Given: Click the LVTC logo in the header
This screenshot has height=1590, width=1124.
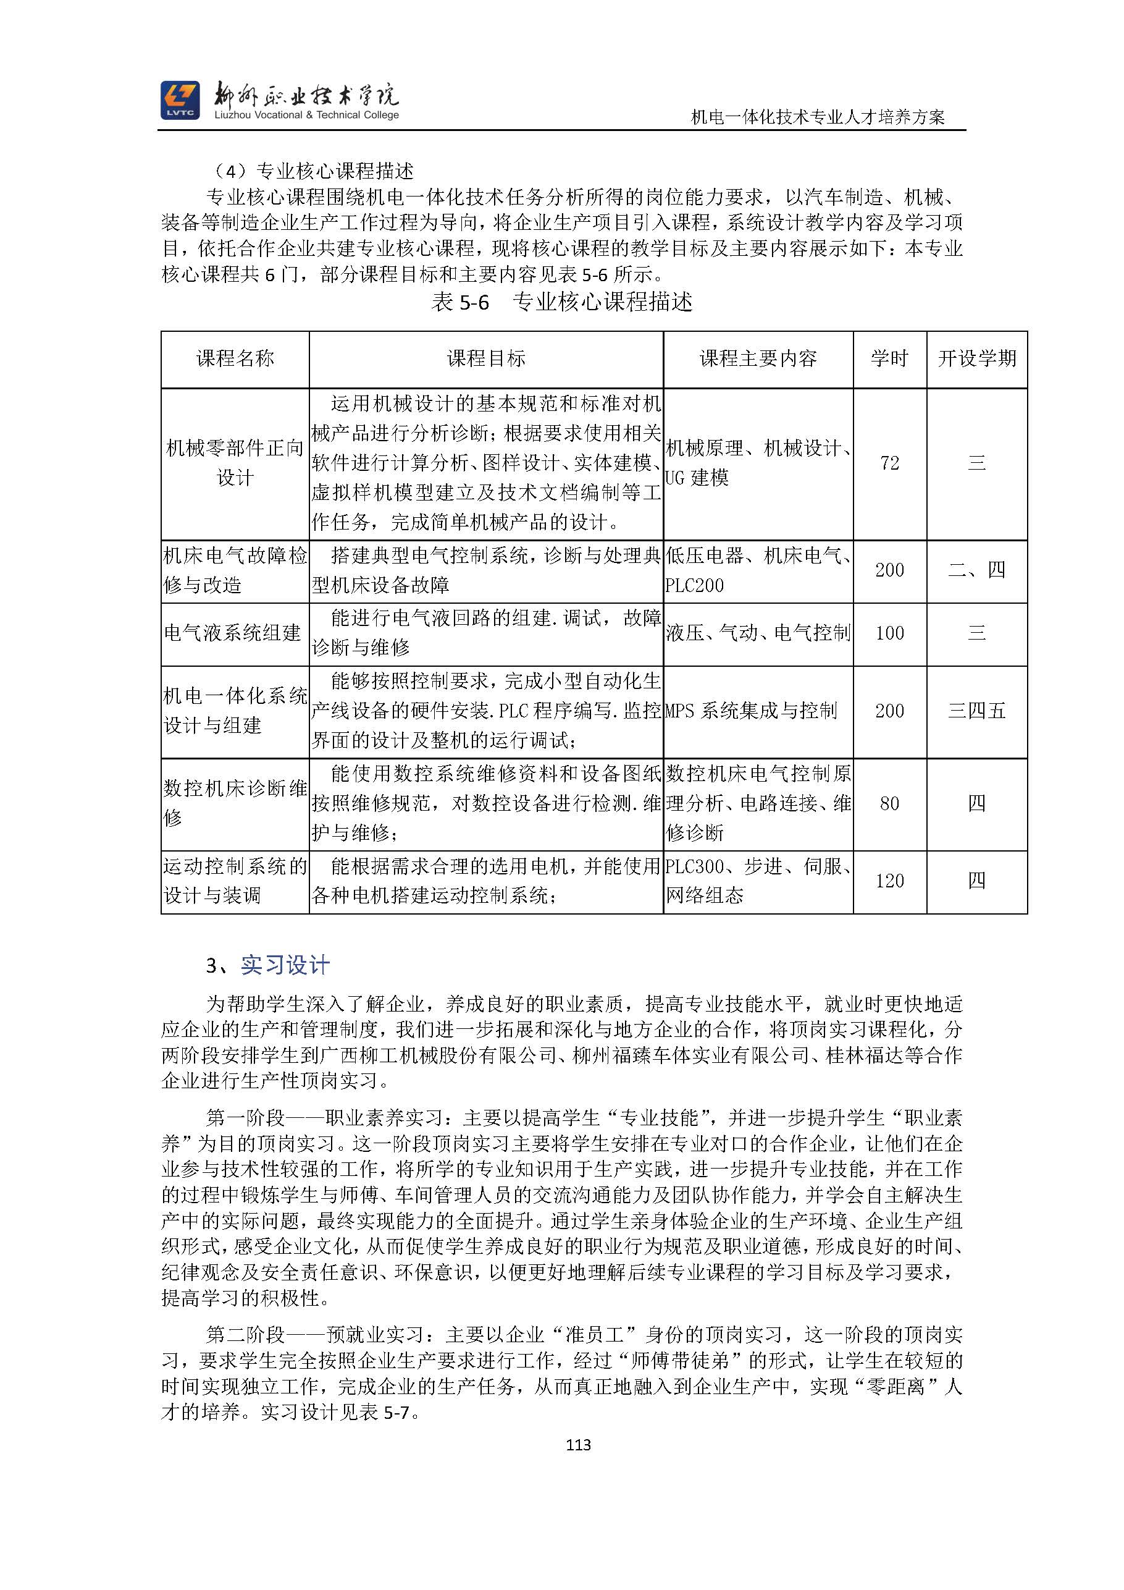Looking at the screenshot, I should click(x=180, y=100).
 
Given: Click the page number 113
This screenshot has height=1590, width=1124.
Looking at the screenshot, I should click(x=578, y=1444).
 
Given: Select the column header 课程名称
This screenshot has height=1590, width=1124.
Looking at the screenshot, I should click(x=235, y=358).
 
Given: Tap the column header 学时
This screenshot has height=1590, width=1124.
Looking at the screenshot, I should click(x=889, y=358).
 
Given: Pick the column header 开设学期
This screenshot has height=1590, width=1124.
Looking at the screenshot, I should click(x=976, y=358).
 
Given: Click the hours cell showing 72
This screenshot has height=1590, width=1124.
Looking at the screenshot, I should click(x=889, y=463).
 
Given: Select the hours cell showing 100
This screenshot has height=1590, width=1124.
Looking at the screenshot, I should click(x=889, y=633).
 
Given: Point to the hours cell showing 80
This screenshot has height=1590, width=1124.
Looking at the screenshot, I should click(x=889, y=803).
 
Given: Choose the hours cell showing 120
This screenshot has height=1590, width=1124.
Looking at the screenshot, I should click(x=889, y=881).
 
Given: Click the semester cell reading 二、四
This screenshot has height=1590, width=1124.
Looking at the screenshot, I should click(x=976, y=570).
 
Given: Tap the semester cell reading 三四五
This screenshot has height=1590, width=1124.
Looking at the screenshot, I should click(x=976, y=711).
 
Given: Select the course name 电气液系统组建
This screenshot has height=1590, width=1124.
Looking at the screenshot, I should click(x=233, y=633).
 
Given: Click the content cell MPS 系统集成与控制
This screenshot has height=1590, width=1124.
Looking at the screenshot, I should click(x=751, y=711).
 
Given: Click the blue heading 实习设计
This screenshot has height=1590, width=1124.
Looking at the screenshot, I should click(x=285, y=965).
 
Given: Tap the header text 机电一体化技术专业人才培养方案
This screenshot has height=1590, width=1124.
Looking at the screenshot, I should click(x=818, y=117).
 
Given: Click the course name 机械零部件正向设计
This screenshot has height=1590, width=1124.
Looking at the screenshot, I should click(x=235, y=463).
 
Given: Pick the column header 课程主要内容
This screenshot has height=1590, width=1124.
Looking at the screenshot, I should click(x=758, y=358).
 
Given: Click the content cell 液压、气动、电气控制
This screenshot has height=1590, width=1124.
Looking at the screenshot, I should click(x=758, y=633).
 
